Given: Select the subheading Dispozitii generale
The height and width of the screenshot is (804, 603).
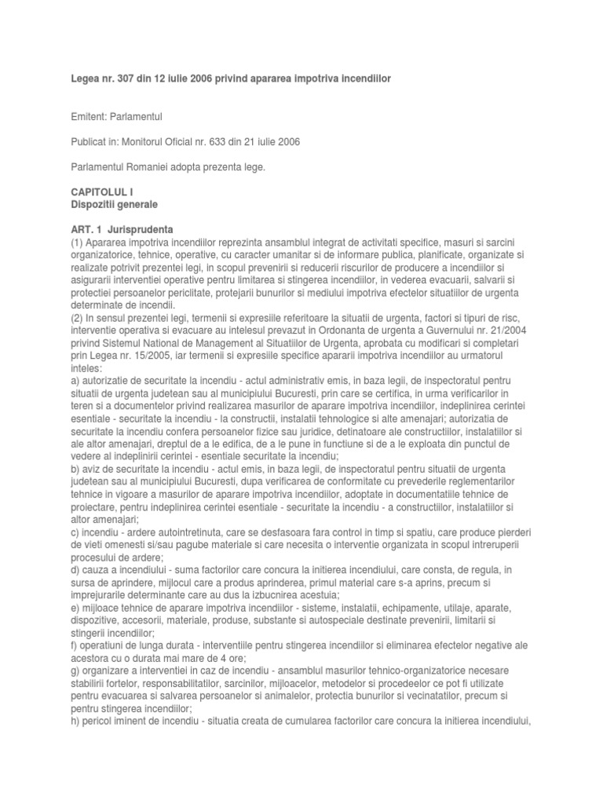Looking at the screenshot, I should pos(115,204).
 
